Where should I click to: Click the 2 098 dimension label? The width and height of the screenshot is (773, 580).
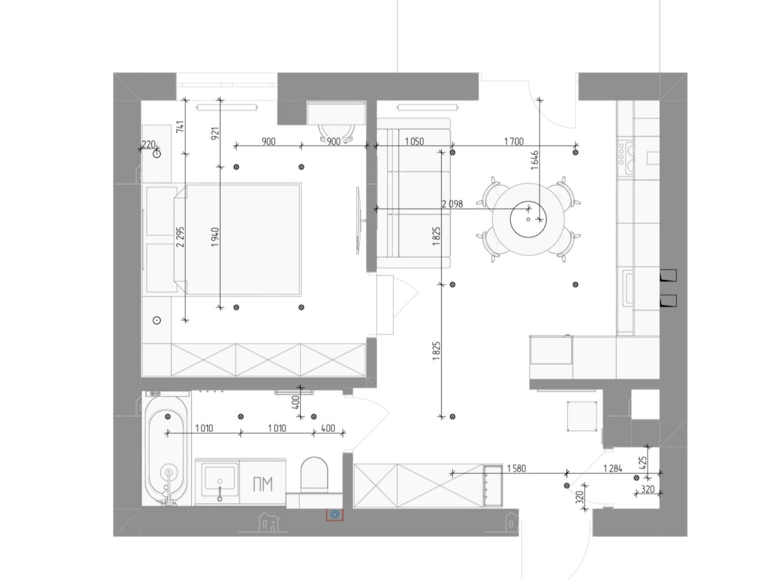click(x=452, y=204)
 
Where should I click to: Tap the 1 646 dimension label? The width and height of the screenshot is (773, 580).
click(x=535, y=160)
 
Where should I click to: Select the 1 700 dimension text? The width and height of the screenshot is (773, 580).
click(x=514, y=142)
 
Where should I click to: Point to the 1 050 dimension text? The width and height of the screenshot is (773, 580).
click(x=414, y=142)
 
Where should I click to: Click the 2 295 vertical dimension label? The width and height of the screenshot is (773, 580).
click(x=180, y=237)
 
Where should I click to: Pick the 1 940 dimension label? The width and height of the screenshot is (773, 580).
click(x=215, y=237)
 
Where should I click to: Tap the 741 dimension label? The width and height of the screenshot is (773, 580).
click(x=180, y=127)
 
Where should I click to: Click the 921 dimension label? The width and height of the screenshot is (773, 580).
click(x=215, y=133)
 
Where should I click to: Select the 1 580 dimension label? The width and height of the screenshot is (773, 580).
click(x=516, y=468)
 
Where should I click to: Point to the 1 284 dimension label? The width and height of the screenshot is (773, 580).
click(x=613, y=468)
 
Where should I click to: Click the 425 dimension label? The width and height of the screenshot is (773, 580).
click(x=643, y=463)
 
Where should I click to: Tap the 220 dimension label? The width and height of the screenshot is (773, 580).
click(x=148, y=145)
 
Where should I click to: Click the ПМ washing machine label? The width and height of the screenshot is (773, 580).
click(x=263, y=485)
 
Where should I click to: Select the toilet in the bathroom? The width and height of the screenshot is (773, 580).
click(x=314, y=475)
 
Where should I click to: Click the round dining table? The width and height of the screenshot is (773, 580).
click(x=528, y=219)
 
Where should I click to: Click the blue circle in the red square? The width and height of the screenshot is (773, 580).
click(x=335, y=514)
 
